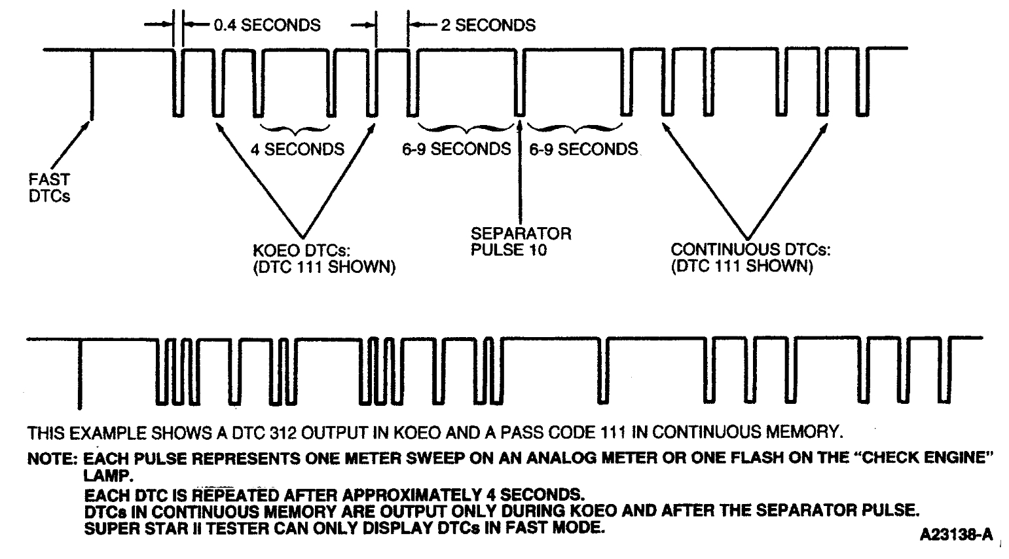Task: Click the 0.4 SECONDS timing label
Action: pyautogui.click(x=266, y=26)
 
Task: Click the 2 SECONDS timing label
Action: pyautogui.click(x=488, y=26)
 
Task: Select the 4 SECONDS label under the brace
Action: pyautogui.click(x=297, y=149)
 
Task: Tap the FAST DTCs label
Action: pyautogui.click(x=49, y=187)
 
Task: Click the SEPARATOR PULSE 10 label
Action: pyautogui.click(x=521, y=241)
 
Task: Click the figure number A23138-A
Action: pyautogui.click(x=955, y=535)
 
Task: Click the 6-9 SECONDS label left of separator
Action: pyautogui.click(x=456, y=149)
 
